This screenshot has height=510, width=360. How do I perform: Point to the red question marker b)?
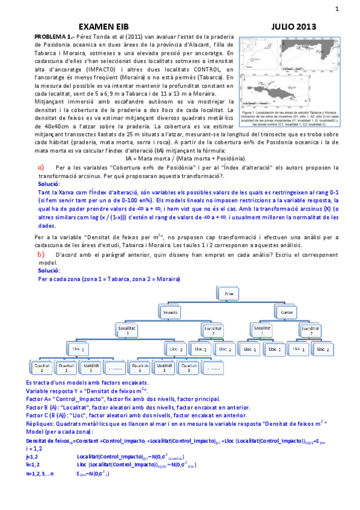40,255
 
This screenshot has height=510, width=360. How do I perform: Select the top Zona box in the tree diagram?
229,293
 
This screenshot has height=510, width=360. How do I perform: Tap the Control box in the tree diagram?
283,313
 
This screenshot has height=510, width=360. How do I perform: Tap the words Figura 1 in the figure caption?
252,112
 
